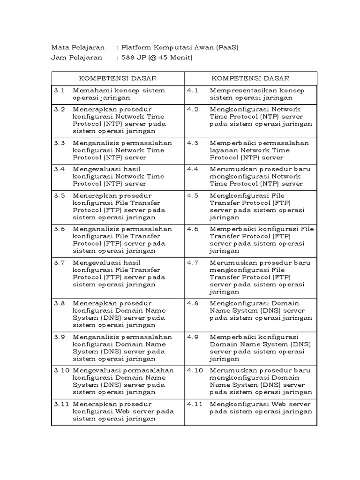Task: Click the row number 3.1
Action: pyautogui.click(x=59, y=90)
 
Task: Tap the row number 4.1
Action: pyautogui.click(x=193, y=90)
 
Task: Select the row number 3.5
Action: pyautogui.click(x=59, y=195)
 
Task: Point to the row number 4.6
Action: pyautogui.click(x=193, y=229)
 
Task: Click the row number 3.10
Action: pyautogui.click(x=61, y=370)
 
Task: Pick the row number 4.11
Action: pyautogui.click(x=195, y=404)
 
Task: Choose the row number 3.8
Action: pyautogui.click(x=59, y=303)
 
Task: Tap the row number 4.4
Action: pyautogui.click(x=193, y=169)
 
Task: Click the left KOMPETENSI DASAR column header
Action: pyautogui.click(x=117, y=78)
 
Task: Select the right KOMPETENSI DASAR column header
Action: pyautogui.click(x=250, y=78)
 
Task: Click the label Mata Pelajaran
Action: pyautogui.click(x=78, y=47)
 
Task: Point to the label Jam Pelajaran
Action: pyautogui.click(x=77, y=58)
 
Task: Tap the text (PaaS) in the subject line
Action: pyautogui.click(x=227, y=47)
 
